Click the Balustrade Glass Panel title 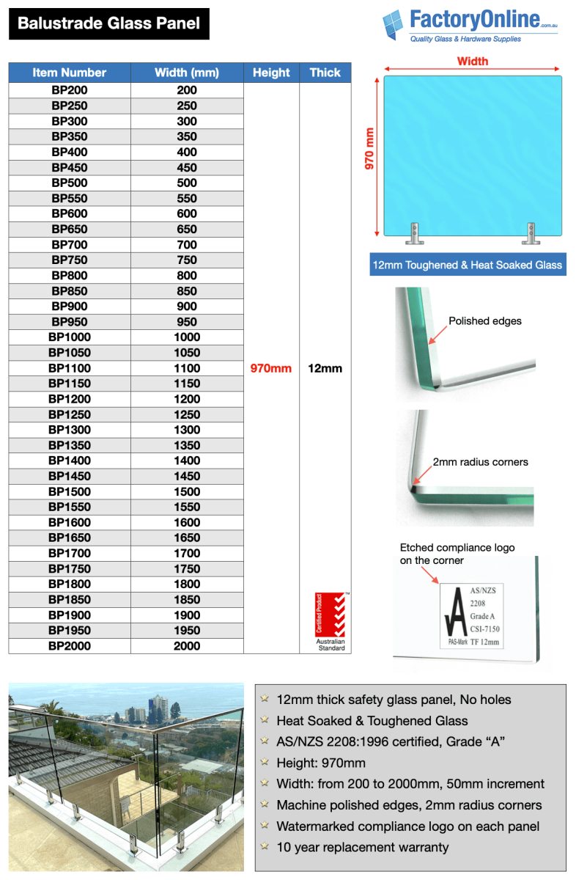(x=108, y=23)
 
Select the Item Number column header (x=70, y=73)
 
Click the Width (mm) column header (x=187, y=73)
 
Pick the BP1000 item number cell (x=70, y=337)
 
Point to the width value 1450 (x=187, y=476)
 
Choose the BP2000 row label (x=70, y=646)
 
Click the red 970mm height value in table (x=271, y=368)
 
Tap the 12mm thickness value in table (x=325, y=368)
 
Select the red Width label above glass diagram (x=473, y=62)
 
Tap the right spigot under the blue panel (x=530, y=234)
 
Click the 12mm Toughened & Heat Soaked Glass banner (x=468, y=265)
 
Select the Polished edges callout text (x=485, y=321)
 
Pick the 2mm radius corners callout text (x=480, y=462)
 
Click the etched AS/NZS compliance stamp (x=473, y=615)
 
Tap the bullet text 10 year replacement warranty (x=362, y=847)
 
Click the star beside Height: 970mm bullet (x=265, y=763)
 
